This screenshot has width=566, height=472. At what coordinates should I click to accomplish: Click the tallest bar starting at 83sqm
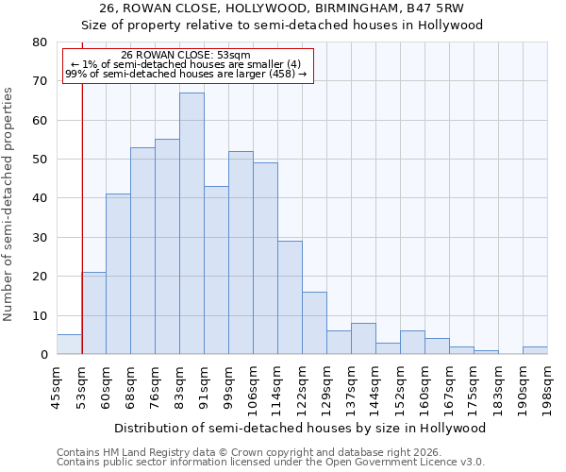click(191, 224)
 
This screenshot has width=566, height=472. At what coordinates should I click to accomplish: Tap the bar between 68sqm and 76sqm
click(142, 251)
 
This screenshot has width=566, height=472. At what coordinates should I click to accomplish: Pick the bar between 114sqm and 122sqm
click(290, 297)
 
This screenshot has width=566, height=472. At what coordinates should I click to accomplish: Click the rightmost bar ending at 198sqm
click(535, 350)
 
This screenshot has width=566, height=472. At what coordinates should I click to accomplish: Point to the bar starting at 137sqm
click(363, 339)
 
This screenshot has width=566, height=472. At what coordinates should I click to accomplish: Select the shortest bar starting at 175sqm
click(486, 352)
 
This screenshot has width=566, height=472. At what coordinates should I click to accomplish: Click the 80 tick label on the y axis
click(39, 42)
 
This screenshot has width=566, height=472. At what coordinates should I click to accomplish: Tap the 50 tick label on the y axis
click(39, 160)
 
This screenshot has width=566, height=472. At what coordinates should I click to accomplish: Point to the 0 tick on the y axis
click(42, 355)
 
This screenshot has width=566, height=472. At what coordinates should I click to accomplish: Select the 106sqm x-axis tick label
click(253, 386)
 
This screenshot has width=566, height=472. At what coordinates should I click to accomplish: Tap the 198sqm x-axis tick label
click(547, 386)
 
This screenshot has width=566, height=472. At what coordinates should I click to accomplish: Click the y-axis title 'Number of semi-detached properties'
click(9, 203)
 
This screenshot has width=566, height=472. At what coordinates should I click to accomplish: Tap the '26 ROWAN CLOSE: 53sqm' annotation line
click(186, 56)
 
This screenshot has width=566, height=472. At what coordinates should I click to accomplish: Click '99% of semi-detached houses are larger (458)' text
click(186, 74)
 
